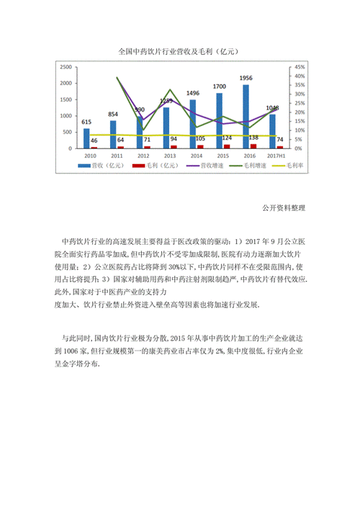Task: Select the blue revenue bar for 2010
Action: click(x=86, y=138)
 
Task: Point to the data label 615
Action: click(x=86, y=122)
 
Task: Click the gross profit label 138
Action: click(x=253, y=137)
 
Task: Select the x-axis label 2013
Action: click(x=170, y=156)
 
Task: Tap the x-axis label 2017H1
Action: click(x=276, y=156)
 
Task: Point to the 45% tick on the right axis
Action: click(x=300, y=66)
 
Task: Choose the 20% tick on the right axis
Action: click(x=300, y=112)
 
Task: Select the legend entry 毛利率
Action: click(x=294, y=166)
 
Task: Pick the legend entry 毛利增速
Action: click(x=253, y=166)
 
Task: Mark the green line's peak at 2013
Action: click(x=170, y=90)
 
